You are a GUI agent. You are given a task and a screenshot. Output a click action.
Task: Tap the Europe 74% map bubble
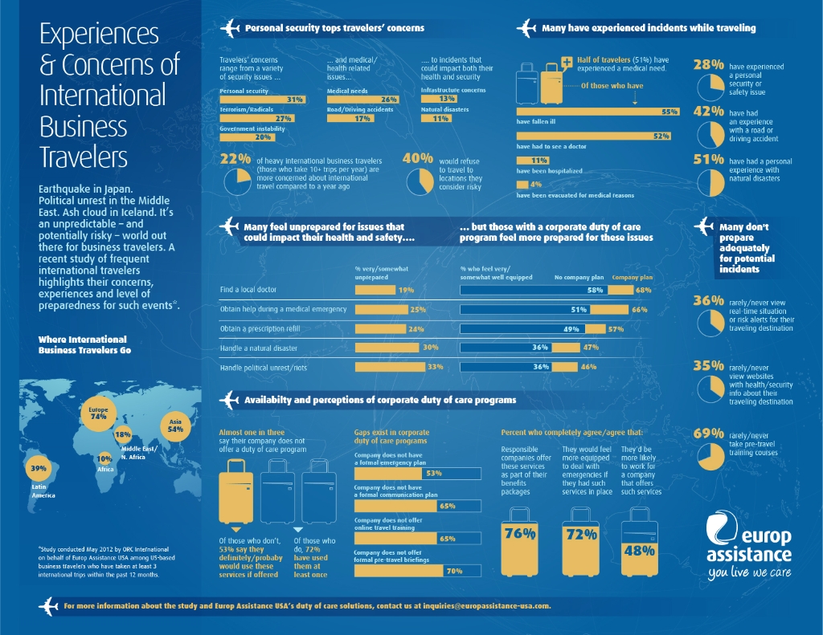pyautogui.click(x=99, y=414)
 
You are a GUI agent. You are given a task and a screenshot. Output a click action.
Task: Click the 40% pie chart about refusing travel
pyautogui.click(x=419, y=181)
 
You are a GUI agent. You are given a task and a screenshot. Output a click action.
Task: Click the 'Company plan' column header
pyautogui.click(x=633, y=277)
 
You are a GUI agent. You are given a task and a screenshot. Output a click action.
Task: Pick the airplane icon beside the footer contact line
pyautogui.click(x=50, y=605)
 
